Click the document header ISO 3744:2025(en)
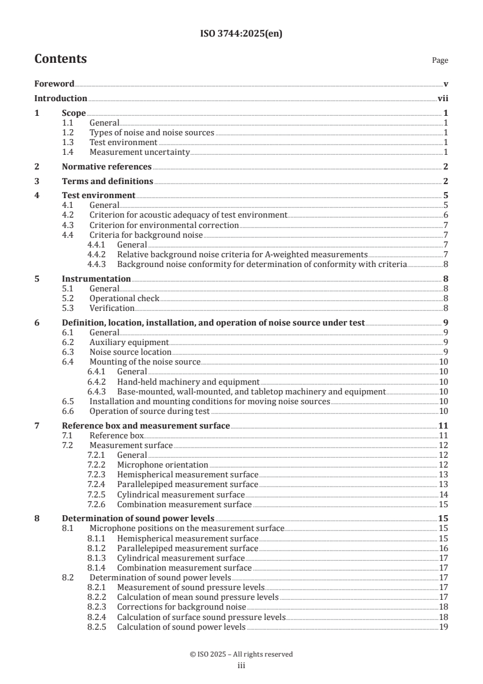[x=241, y=34]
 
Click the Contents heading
[x=60, y=59]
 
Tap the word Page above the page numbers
[x=440, y=61]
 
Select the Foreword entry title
[x=54, y=84]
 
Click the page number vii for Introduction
[x=443, y=98]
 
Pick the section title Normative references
[x=107, y=166]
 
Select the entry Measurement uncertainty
[x=139, y=152]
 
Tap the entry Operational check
[x=124, y=298]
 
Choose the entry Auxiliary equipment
[x=129, y=342]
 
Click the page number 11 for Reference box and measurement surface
[x=443, y=425]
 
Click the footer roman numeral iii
[x=241, y=666]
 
